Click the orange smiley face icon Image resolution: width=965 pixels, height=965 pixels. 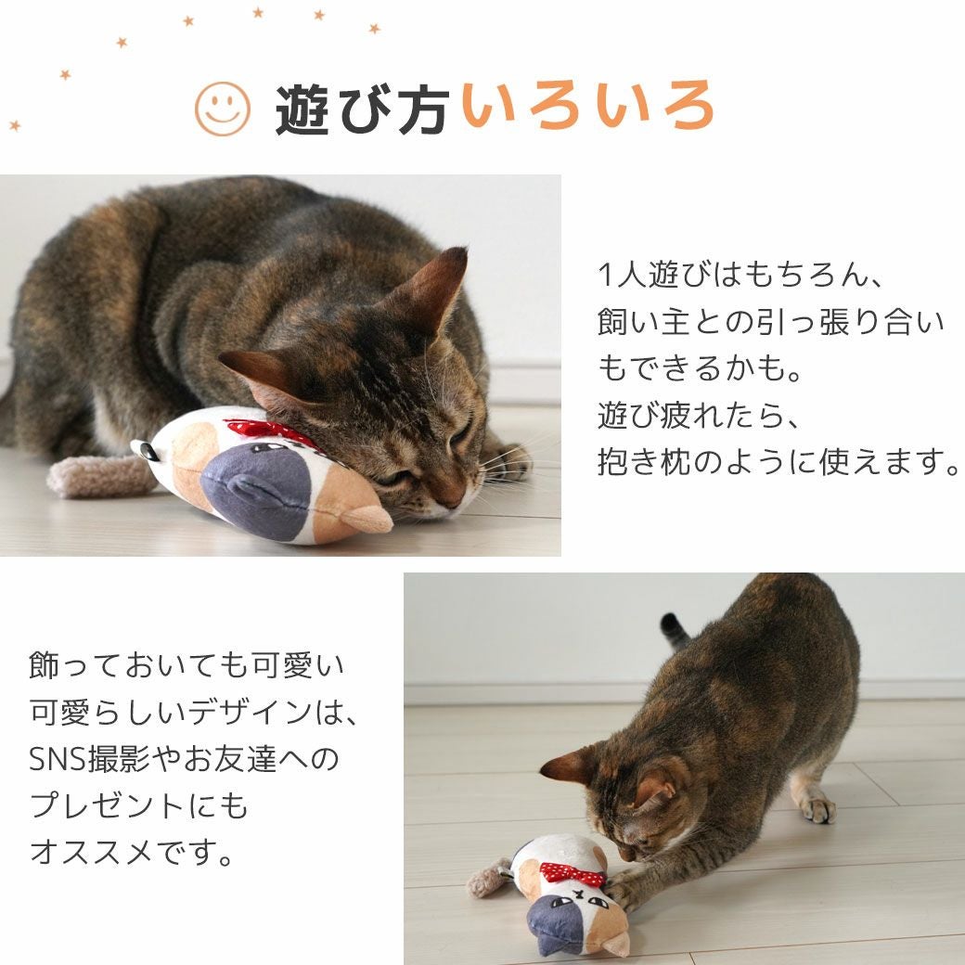point(223,109)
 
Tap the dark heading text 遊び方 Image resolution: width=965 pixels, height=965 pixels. point(362,109)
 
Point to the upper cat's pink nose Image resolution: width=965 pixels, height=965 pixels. point(452,501)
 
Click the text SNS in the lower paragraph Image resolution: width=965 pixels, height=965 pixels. point(58,759)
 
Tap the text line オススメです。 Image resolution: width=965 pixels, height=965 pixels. point(132,852)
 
